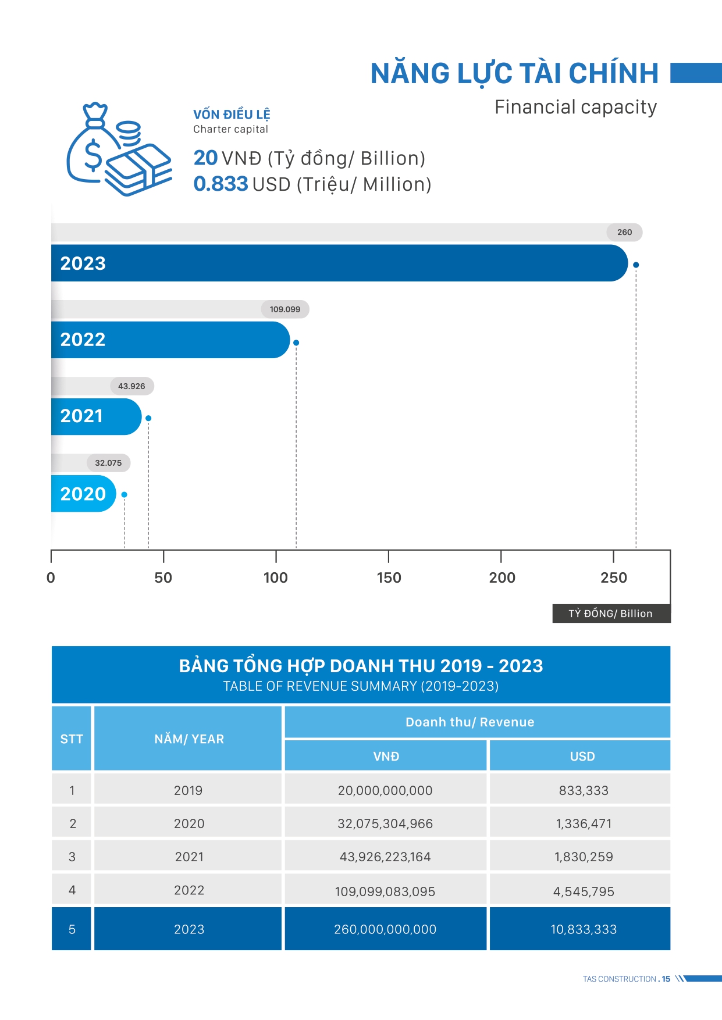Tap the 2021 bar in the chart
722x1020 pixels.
click(96, 416)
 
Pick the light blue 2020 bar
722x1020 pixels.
click(83, 494)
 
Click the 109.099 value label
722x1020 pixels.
click(285, 309)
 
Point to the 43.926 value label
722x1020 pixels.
click(131, 386)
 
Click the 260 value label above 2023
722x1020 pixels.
click(624, 232)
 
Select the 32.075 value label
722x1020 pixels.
click(108, 463)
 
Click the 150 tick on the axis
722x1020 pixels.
click(389, 577)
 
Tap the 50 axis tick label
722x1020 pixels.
click(163, 577)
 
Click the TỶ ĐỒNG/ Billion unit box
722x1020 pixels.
click(611, 614)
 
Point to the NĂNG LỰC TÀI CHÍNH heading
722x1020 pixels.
click(514, 74)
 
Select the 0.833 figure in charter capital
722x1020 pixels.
click(221, 184)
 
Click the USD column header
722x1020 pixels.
click(582, 756)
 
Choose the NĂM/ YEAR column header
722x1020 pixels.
click(188, 739)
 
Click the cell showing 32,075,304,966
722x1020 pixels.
click(385, 823)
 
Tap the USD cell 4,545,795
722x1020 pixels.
click(584, 891)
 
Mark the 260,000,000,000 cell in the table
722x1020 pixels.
click(385, 929)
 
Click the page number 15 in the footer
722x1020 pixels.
click(666, 979)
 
